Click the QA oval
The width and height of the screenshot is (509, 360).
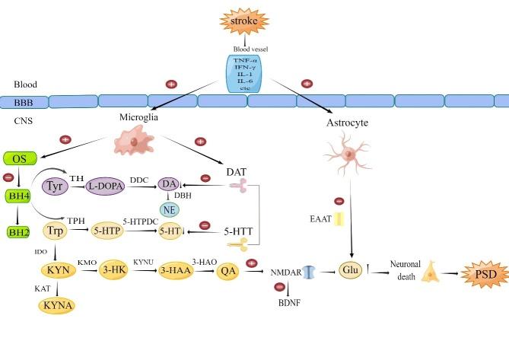coord(226,271)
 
